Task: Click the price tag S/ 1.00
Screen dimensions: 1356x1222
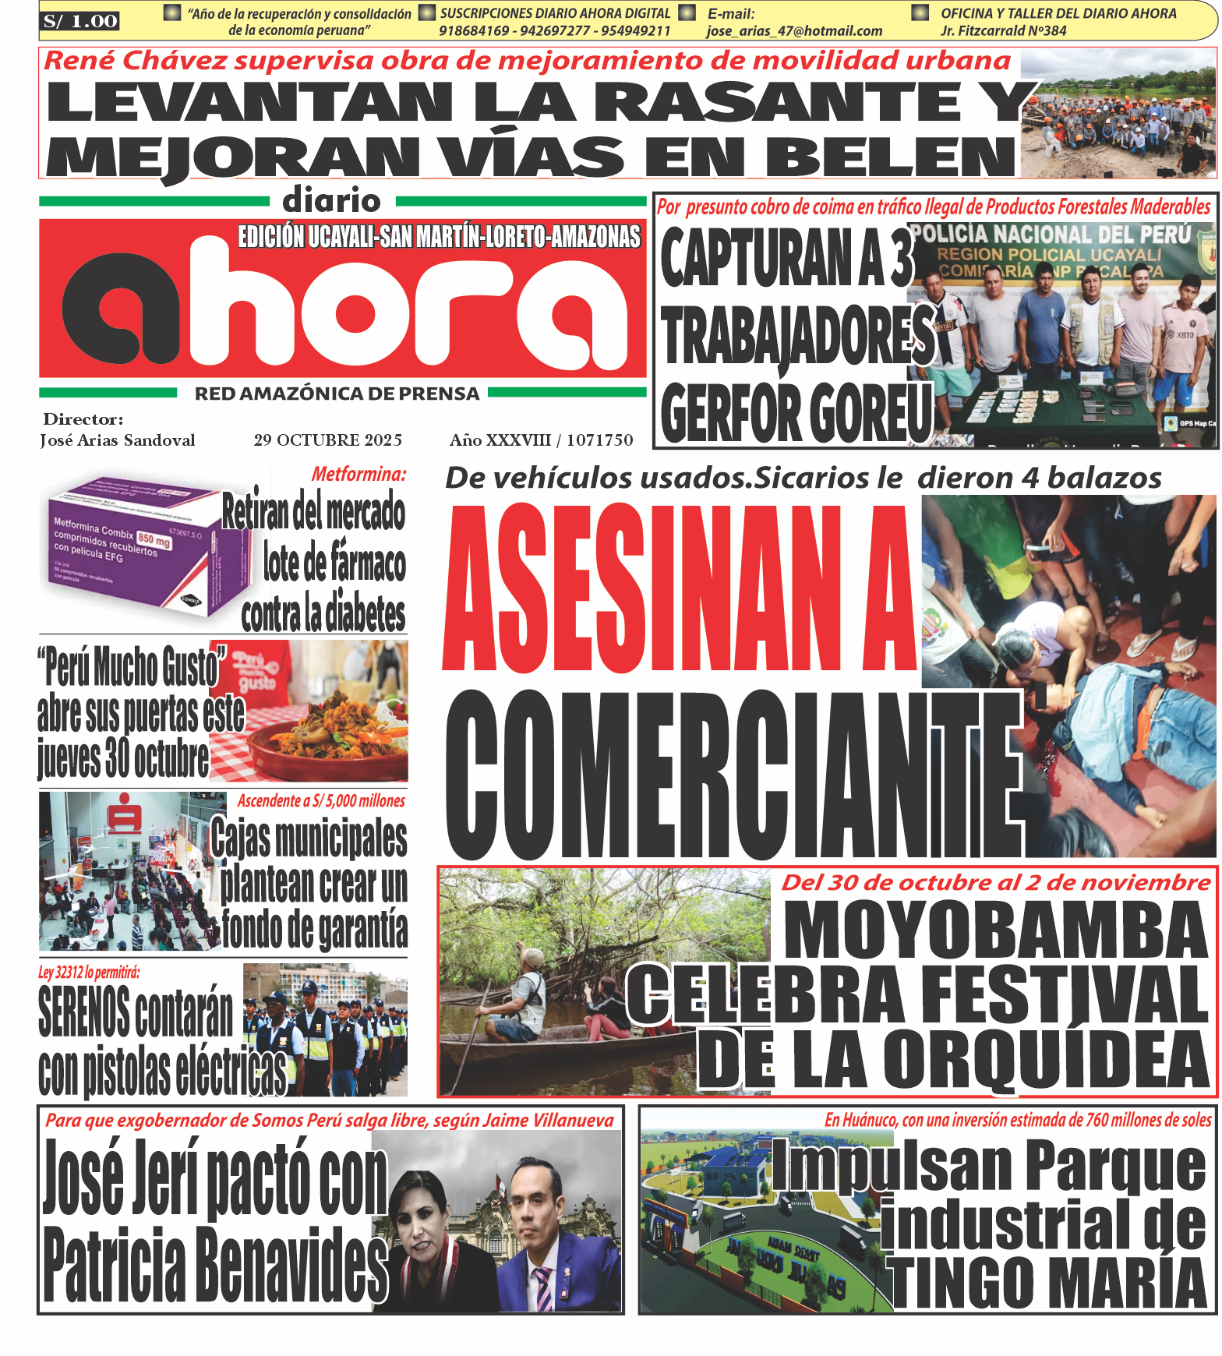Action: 80,21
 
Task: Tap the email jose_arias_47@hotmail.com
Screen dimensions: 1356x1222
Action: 794,31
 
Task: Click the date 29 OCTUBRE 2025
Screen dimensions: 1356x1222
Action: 328,440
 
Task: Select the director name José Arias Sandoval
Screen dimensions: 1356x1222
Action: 118,440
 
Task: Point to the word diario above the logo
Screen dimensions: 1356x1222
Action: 332,200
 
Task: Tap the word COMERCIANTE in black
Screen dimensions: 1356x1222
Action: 733,775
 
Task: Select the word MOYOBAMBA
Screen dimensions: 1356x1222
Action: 996,930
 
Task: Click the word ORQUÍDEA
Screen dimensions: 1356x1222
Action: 1046,1060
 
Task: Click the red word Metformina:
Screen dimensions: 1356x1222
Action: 358,474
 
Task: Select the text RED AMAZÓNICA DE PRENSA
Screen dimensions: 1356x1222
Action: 337,394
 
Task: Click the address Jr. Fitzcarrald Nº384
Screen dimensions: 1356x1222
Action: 1003,31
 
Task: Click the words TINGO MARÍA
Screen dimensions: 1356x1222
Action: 1049,1282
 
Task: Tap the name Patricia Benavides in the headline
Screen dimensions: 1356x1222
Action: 215,1264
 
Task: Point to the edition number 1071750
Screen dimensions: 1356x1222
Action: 599,440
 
